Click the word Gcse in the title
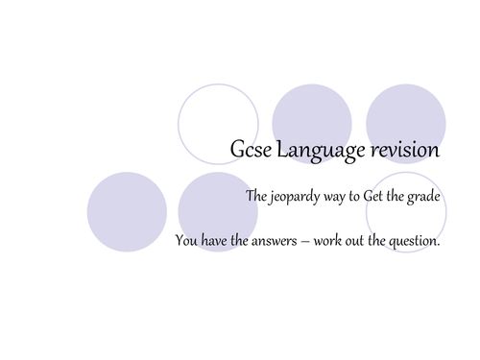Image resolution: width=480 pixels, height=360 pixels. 251,152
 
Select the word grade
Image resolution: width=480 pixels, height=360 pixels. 423,199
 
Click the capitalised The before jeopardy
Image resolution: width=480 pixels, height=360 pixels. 256,198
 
